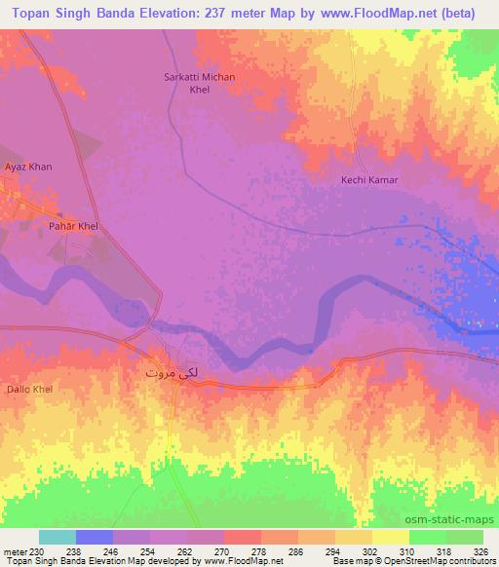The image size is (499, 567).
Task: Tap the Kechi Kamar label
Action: [369, 180]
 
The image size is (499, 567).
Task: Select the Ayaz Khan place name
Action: [27, 167]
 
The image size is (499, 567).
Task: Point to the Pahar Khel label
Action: [74, 226]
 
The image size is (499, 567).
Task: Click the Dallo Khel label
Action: [30, 389]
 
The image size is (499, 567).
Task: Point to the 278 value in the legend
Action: [262, 550]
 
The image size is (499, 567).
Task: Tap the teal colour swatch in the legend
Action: [58, 537]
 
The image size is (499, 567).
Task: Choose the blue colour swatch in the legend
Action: [95, 537]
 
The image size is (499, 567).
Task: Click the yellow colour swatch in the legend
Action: [391, 537]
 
